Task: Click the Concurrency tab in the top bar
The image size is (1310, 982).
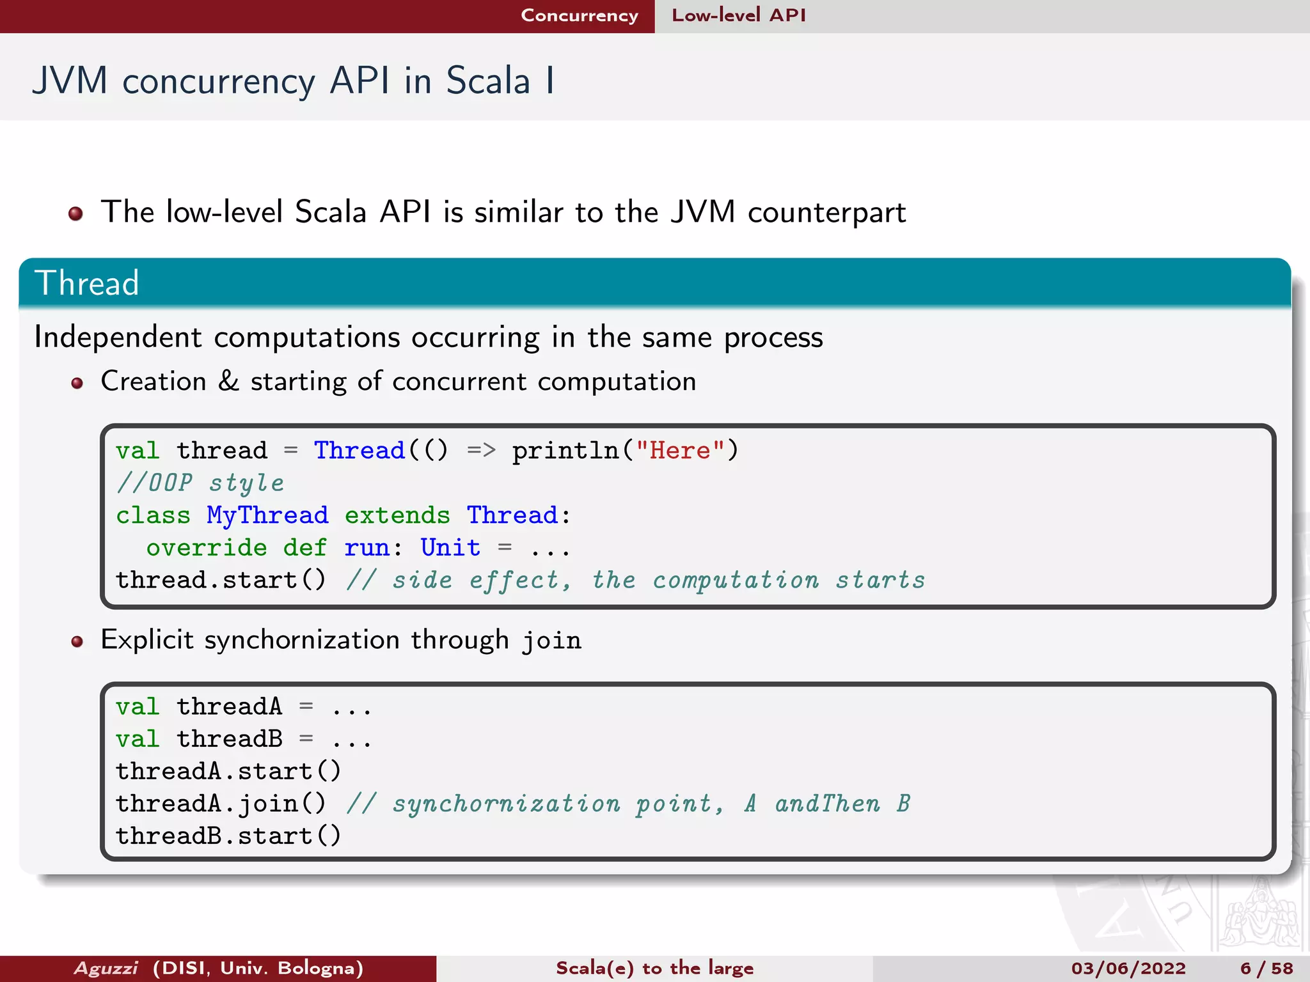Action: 580,15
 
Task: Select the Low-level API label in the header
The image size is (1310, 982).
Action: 738,15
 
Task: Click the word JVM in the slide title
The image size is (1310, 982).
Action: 70,81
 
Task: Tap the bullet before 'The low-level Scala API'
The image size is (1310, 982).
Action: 75,214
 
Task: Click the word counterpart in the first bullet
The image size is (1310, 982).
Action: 826,213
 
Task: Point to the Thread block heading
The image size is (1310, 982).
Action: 87,283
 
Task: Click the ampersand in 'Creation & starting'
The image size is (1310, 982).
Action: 228,381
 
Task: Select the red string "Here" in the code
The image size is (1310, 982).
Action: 679,451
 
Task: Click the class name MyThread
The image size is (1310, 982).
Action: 267,515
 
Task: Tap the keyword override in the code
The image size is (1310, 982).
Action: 206,548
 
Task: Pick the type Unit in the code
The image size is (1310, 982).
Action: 450,548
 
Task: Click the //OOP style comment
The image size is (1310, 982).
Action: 200,483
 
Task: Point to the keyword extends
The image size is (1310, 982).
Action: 397,515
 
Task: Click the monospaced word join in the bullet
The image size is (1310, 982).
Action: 551,641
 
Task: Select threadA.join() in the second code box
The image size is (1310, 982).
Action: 221,804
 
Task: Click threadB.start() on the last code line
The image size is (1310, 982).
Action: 228,836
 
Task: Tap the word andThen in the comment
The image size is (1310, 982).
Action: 827,804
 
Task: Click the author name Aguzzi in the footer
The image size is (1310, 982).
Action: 106,968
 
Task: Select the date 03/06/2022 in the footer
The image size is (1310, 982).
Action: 1128,968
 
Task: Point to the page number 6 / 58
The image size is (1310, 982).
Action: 1266,968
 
